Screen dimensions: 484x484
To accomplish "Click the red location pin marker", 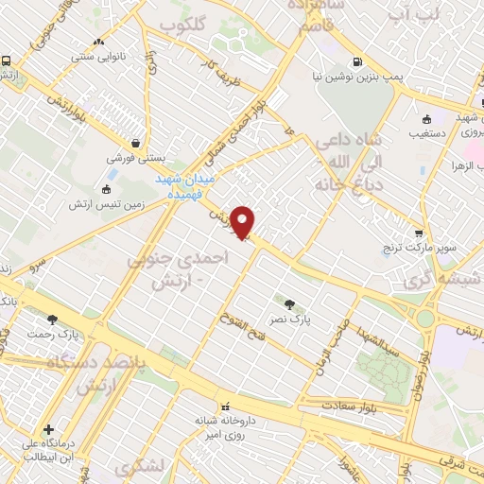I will click(x=243, y=223).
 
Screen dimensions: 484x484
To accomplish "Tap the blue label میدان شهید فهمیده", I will click(x=186, y=184).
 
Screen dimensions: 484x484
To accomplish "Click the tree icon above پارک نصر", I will click(x=289, y=303).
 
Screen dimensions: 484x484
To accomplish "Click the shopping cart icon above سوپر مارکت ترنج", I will click(x=420, y=231).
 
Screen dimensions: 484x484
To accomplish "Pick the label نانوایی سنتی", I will click(x=99, y=56).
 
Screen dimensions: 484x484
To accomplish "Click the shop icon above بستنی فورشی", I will click(x=138, y=144).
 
